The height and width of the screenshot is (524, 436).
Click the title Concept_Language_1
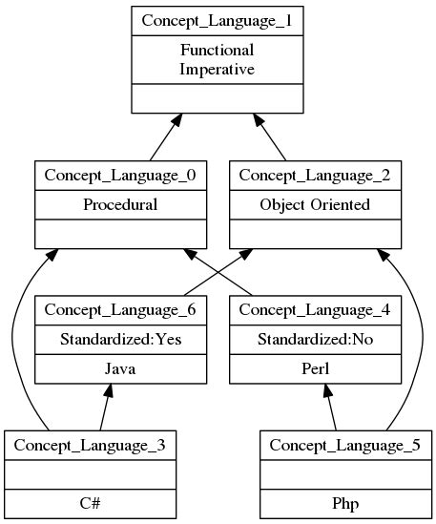(x=217, y=20)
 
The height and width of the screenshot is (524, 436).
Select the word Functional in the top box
(x=217, y=51)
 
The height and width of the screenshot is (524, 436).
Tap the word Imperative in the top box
(x=217, y=69)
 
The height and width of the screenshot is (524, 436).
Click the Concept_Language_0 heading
(x=119, y=175)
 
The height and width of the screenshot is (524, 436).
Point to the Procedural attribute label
(x=119, y=204)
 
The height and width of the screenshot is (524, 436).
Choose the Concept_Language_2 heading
(x=313, y=175)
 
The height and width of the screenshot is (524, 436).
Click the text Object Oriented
(x=313, y=204)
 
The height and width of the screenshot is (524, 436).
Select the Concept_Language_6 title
(x=119, y=309)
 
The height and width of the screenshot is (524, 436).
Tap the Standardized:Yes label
(x=119, y=339)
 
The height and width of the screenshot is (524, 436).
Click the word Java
(x=119, y=367)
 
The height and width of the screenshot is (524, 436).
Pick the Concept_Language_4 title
(x=313, y=309)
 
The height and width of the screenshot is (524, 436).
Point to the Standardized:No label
(x=313, y=339)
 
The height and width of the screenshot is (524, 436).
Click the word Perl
(x=313, y=367)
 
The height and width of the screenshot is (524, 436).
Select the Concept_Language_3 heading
(x=90, y=445)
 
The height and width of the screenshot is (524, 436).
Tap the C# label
(x=90, y=503)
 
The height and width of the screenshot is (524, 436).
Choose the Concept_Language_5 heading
(x=345, y=445)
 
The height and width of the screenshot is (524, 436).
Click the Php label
(x=345, y=503)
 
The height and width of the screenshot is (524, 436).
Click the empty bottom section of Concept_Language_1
(x=217, y=100)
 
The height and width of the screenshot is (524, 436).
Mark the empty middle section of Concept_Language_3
(x=90, y=473)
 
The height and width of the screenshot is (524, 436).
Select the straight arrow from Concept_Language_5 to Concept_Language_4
(x=332, y=408)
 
